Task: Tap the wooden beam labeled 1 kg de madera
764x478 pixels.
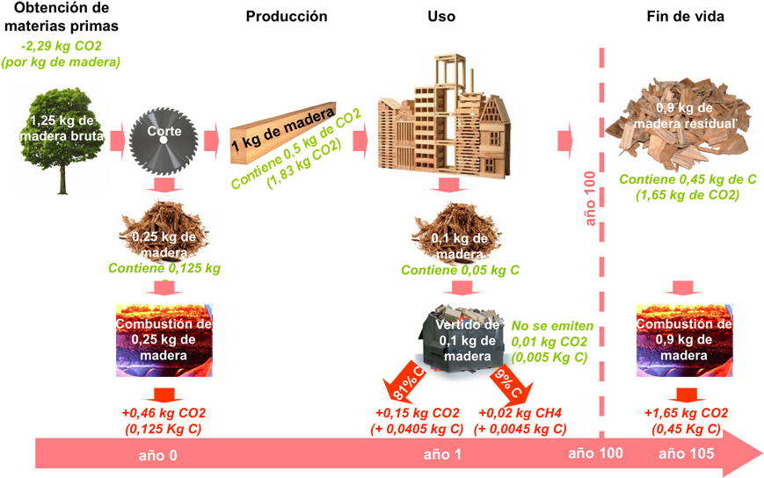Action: coord(280,133)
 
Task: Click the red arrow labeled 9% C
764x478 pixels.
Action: coord(507,380)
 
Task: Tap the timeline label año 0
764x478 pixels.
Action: coord(158,456)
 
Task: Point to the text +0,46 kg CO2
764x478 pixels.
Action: coord(164,412)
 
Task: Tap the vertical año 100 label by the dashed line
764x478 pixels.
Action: coord(590,200)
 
